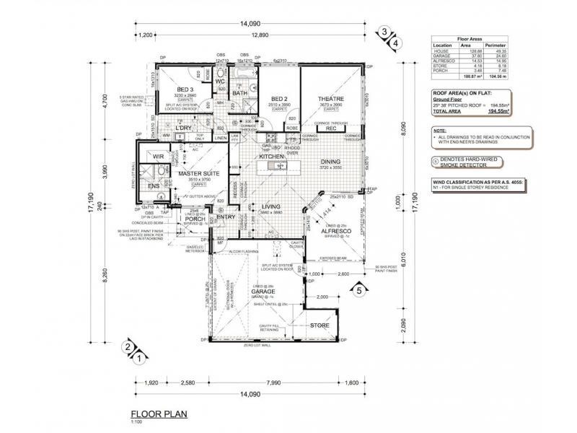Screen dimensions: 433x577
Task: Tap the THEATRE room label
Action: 330,99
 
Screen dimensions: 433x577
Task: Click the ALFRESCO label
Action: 336,231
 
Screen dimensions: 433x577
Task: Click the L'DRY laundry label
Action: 183,128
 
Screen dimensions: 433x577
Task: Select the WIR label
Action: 157,156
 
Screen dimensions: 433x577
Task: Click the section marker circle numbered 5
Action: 358,291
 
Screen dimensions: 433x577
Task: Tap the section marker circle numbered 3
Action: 385,31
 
